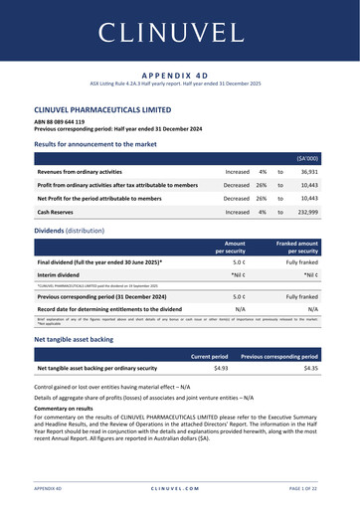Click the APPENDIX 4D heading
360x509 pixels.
(x=179, y=75)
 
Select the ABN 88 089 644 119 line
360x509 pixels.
(x=66, y=122)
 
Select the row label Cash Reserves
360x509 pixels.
(x=60, y=212)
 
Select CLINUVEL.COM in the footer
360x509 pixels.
(x=179, y=489)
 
